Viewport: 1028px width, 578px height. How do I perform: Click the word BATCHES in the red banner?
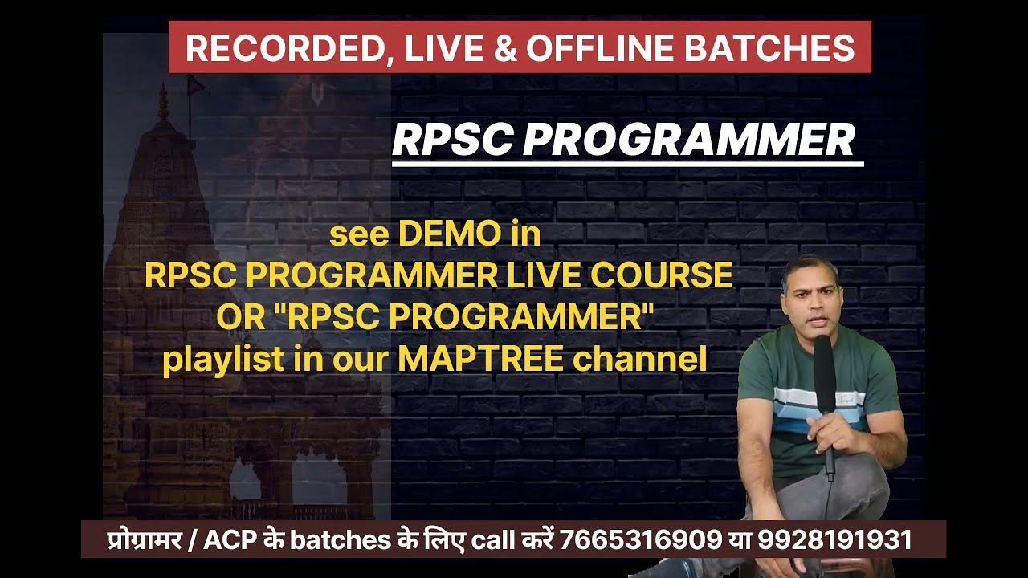[771, 48]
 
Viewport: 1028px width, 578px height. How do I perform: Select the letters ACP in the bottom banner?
[226, 539]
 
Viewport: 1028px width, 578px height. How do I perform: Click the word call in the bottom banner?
[492, 539]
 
